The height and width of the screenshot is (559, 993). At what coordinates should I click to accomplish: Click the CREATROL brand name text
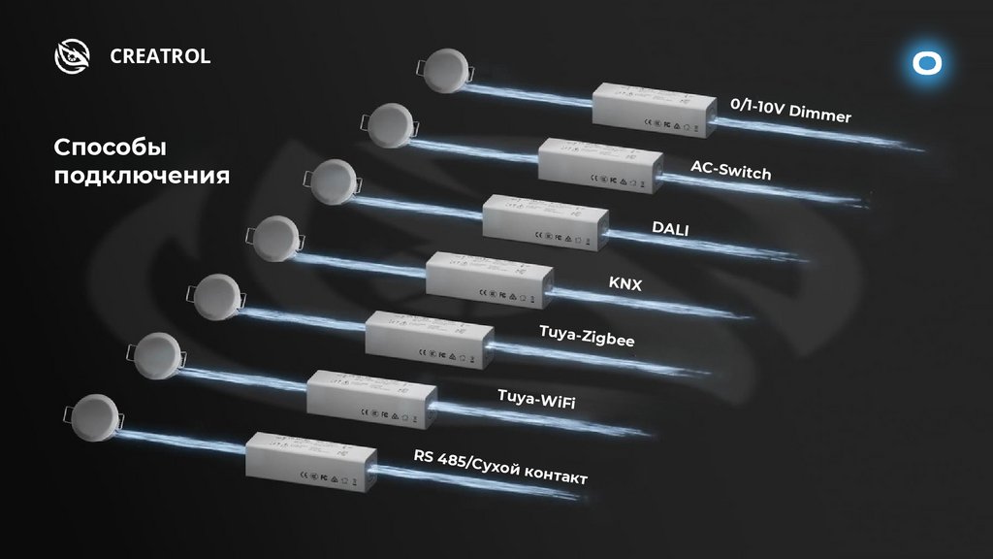coord(160,56)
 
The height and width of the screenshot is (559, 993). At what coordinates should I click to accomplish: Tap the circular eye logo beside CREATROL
coord(72,56)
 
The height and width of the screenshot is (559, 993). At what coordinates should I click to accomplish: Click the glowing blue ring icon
coord(927,63)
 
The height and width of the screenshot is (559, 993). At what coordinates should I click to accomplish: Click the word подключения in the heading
coord(141,177)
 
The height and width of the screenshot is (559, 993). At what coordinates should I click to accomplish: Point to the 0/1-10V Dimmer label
coord(790,111)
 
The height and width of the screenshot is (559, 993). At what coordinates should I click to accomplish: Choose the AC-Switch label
coord(730,170)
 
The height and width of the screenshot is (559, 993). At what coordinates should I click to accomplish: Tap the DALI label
coord(670,228)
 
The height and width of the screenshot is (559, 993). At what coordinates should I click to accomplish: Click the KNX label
coord(625,283)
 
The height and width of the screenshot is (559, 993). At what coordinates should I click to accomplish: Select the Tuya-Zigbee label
coord(586,339)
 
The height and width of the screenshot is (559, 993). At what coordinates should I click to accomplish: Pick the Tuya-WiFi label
coord(535,397)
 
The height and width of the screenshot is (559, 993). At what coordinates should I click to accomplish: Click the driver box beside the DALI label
coord(544,222)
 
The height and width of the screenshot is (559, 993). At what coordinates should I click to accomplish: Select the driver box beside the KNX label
coord(488,279)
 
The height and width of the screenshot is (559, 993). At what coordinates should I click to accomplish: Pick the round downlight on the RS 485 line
coord(96,411)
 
